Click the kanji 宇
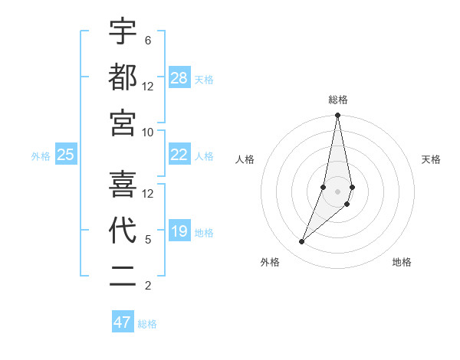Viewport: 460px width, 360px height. (x=123, y=32)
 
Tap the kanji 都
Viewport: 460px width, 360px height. (x=123, y=77)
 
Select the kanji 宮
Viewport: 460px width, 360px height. (x=123, y=123)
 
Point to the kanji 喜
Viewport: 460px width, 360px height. (x=123, y=185)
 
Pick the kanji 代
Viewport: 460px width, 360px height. (x=123, y=231)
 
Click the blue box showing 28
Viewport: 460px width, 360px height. (x=179, y=78)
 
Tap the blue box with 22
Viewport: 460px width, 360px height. (x=179, y=155)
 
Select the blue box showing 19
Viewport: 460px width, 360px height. (x=179, y=231)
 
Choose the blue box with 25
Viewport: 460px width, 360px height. (x=66, y=155)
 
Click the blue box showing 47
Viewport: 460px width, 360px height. (x=123, y=322)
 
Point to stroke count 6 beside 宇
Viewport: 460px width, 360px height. (x=147, y=40)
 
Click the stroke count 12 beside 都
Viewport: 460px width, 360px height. (x=148, y=86)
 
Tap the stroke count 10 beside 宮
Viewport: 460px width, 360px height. (x=148, y=132)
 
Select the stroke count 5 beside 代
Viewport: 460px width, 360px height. (x=147, y=239)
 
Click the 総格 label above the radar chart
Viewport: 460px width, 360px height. (x=337, y=100)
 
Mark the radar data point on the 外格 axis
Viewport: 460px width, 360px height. (x=301, y=242)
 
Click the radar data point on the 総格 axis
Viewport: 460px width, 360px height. (x=337, y=116)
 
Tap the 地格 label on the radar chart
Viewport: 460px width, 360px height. (x=402, y=262)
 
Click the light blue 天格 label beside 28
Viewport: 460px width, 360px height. (x=204, y=79)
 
